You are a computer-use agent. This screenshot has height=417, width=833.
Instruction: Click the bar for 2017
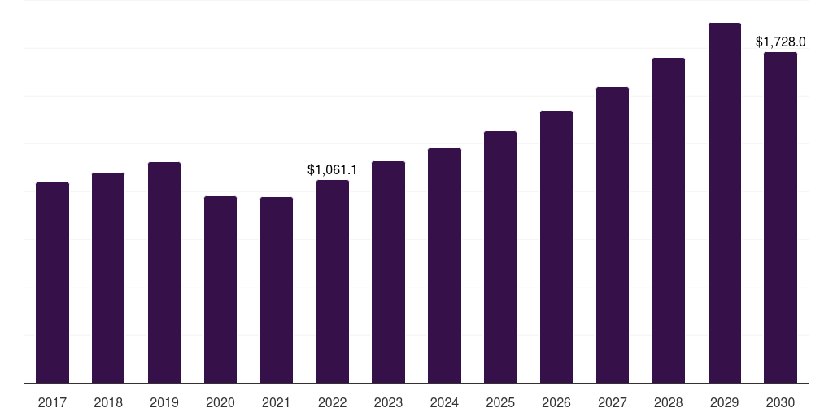pos(52,283)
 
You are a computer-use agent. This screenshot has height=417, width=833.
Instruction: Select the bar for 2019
pos(164,272)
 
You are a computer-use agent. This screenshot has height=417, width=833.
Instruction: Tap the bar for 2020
pos(220,289)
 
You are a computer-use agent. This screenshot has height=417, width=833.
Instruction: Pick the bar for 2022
pos(333,281)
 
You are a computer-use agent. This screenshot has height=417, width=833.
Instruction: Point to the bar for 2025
pos(500,257)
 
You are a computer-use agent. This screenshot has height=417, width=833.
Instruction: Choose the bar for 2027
pos(613,235)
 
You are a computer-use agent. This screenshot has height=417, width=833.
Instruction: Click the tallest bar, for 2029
pos(725,203)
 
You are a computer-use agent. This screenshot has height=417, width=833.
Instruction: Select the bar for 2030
pos(780,217)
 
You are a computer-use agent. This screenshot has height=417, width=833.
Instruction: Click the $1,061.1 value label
pos(333,169)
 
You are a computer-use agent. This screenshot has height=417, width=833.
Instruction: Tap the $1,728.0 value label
pos(780,42)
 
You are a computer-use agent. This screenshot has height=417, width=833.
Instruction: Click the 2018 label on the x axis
pos(108,402)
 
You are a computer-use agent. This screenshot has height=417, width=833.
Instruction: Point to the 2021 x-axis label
pos(277,402)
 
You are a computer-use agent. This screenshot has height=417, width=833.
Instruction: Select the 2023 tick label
pos(388,402)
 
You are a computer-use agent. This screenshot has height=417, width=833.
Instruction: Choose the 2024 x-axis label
pos(444,402)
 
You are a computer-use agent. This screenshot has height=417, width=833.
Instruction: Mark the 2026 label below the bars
pos(556,402)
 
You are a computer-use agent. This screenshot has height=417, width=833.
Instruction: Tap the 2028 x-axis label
pos(669,402)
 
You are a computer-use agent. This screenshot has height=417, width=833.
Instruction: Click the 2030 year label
pos(780,402)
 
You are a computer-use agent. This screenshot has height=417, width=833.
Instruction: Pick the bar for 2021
pos(277,290)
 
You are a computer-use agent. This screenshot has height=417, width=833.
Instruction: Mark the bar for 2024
pos(444,266)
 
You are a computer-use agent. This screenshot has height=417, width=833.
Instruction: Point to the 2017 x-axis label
pos(52,402)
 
